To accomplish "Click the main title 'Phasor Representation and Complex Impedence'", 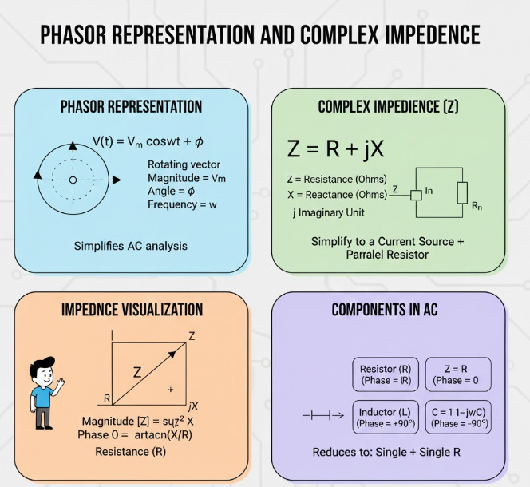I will coord(260,35).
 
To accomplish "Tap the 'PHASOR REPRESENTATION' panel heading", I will coord(132,106).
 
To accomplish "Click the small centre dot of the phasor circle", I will coord(73,180).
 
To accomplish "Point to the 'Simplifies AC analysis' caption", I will coord(130,246).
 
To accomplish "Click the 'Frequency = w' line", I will coord(184,205).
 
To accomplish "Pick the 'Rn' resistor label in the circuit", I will coord(477,206).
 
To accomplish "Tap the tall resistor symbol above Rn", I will coord(462,192).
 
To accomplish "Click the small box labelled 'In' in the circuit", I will coord(416,194).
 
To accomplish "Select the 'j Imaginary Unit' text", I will coord(331,213).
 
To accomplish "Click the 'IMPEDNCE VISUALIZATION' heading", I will coord(132,309).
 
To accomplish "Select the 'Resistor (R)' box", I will coord(386,374).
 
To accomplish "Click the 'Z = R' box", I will coord(458,374).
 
